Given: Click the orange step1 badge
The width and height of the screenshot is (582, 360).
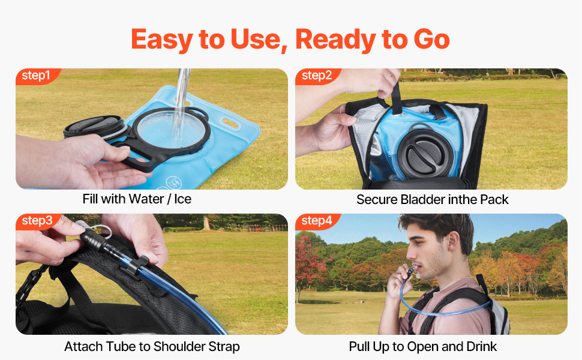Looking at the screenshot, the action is [x=37, y=76].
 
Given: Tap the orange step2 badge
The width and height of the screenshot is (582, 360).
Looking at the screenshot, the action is [x=317, y=76].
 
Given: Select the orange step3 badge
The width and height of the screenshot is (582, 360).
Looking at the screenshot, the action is [x=37, y=221].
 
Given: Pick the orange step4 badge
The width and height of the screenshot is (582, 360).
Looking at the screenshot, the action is [x=317, y=221].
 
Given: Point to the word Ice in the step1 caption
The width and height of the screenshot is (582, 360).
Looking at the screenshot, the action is [x=183, y=199].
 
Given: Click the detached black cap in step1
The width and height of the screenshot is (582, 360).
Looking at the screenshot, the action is [x=95, y=127].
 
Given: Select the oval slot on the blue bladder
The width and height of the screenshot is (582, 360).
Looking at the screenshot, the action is [x=230, y=123].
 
